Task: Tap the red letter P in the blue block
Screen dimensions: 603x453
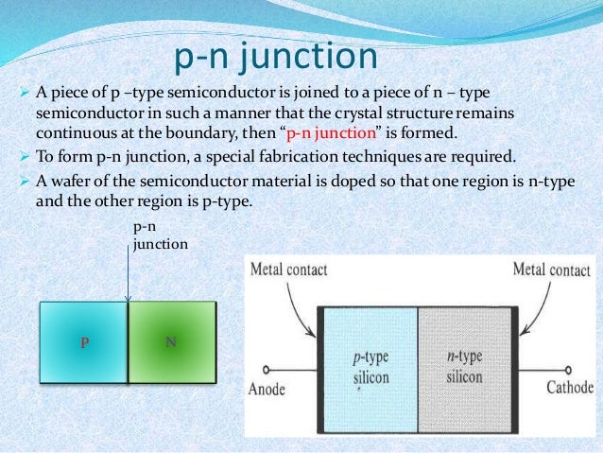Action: click(83, 343)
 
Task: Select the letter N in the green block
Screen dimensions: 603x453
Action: click(171, 341)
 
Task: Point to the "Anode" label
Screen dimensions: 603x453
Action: click(269, 387)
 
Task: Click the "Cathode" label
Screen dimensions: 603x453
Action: click(570, 387)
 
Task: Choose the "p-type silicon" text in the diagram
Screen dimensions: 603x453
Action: click(370, 368)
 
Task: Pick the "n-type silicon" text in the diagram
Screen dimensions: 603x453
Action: click(465, 368)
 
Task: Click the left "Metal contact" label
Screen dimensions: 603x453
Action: click(287, 270)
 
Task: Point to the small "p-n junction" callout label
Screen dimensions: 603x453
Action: click(159, 235)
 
